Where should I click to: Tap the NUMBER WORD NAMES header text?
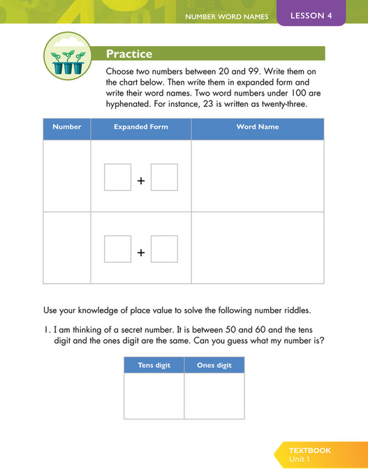click(x=226, y=17)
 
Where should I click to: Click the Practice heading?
click(x=129, y=54)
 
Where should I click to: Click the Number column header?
click(x=67, y=127)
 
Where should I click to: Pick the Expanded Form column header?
click(x=140, y=127)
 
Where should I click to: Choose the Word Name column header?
click(x=258, y=127)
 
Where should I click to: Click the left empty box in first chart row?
click(x=117, y=177)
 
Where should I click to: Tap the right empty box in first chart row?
click(x=164, y=177)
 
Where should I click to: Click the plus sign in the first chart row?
click(x=141, y=180)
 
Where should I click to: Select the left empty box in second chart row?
click(x=117, y=249)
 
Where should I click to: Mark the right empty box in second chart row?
click(x=164, y=249)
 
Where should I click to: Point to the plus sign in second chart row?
click(x=141, y=252)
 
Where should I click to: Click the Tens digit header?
click(x=154, y=366)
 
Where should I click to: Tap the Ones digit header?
click(x=214, y=366)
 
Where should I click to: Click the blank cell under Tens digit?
click(x=154, y=396)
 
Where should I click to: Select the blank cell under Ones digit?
click(x=214, y=396)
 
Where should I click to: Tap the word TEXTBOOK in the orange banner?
click(x=310, y=450)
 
